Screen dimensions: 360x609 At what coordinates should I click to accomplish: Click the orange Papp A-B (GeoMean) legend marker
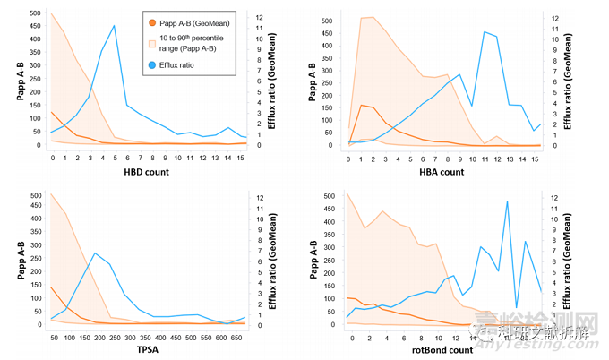tap(152, 21)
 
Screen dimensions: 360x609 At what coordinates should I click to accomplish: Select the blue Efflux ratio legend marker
tap(152, 65)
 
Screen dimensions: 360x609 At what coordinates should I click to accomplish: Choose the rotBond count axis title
tap(442, 349)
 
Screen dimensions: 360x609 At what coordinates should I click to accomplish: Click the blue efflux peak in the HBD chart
tap(114, 26)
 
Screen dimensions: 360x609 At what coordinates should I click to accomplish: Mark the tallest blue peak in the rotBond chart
tap(508, 201)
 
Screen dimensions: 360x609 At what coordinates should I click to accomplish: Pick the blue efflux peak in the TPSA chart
tap(96, 253)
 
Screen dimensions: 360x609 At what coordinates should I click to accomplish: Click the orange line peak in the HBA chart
tap(361, 106)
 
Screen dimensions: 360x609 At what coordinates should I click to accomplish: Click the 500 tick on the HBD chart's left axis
tap(33, 14)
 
